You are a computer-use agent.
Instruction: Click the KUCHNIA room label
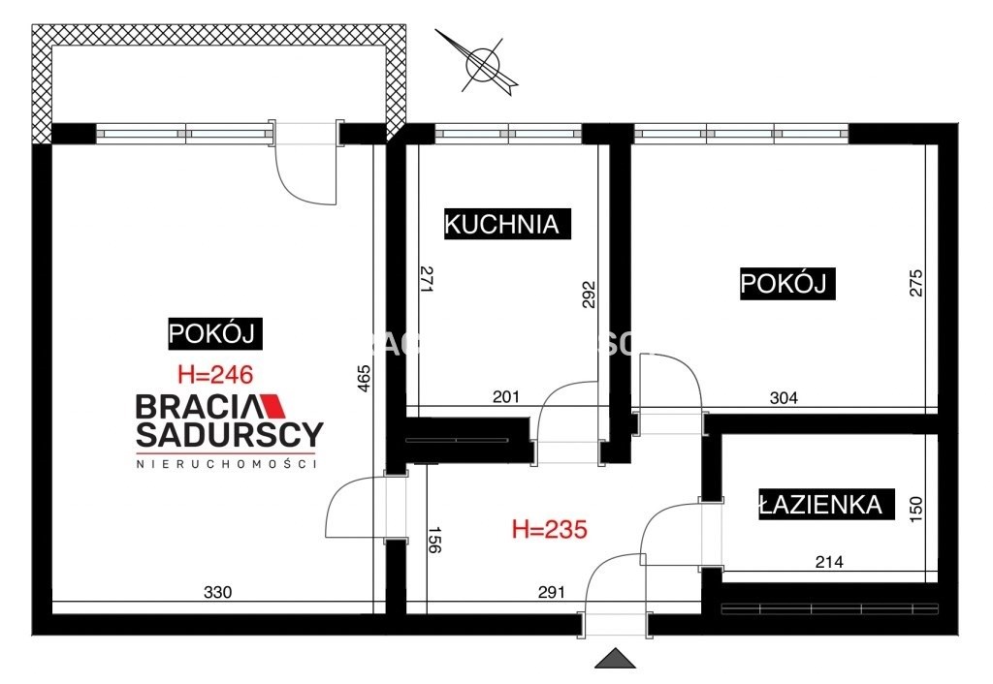[502, 224]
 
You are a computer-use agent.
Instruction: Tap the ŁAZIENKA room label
[820, 504]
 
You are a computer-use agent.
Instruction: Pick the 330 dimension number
[219, 593]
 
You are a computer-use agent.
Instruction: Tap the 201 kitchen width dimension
[506, 395]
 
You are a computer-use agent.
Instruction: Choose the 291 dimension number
[551, 593]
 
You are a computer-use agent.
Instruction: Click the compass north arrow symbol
[482, 65]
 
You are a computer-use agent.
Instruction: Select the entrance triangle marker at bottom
[615, 659]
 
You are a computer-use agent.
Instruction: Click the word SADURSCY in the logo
[229, 434]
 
